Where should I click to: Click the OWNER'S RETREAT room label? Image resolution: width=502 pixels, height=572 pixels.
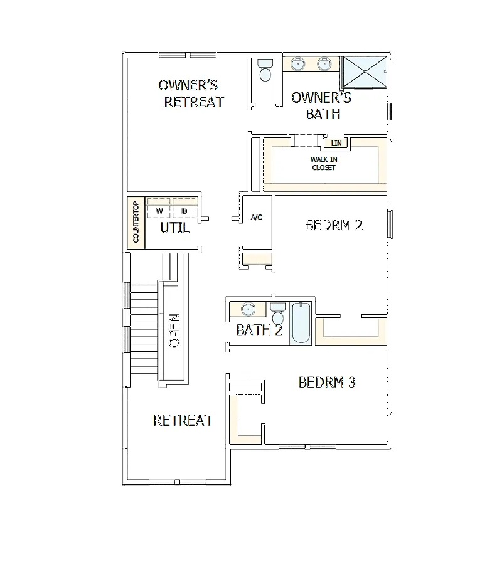(191, 93)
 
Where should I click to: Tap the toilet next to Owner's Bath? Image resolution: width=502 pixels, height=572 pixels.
(265, 70)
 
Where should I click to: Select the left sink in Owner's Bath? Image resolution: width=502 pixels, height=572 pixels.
(298, 64)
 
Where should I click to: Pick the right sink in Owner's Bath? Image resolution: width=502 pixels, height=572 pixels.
(324, 64)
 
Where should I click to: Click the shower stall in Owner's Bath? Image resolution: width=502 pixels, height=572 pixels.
(365, 72)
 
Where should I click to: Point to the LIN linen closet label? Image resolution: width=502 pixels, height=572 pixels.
(336, 143)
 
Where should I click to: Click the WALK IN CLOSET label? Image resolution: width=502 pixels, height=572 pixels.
(323, 164)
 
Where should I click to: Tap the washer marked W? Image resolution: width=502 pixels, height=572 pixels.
(159, 208)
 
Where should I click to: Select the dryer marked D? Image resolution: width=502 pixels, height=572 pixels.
(184, 208)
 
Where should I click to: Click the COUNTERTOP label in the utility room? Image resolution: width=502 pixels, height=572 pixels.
(136, 222)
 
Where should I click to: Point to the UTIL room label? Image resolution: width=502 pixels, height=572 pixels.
(175, 228)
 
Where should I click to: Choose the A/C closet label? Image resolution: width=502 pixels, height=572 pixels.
(256, 218)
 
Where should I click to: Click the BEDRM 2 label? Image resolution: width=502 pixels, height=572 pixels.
(334, 225)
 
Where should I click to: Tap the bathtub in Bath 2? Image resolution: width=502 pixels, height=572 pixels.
(301, 322)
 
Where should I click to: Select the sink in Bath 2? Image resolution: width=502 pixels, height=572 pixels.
(248, 309)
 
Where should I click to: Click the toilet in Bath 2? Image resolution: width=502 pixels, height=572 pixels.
(278, 314)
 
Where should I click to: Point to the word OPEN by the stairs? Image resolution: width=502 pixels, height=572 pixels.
(174, 331)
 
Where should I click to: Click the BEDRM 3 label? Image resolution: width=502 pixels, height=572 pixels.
(327, 383)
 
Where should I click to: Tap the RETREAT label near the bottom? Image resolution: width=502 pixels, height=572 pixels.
(183, 421)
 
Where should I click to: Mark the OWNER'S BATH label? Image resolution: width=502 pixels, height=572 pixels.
(321, 106)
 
